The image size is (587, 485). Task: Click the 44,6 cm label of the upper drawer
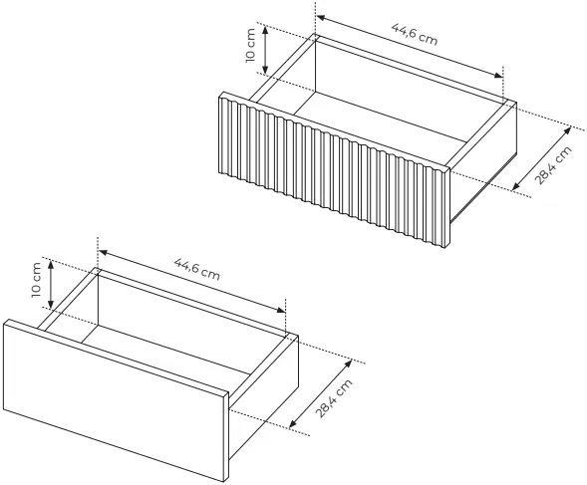[415, 34]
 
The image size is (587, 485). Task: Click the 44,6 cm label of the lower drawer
[197, 269]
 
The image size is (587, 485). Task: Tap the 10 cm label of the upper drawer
[250, 45]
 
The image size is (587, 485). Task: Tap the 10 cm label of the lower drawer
[36, 280]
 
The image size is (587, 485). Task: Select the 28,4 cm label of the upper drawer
[554, 165]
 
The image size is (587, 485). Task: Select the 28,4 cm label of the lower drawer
[334, 398]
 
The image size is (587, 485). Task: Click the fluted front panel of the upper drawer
[334, 170]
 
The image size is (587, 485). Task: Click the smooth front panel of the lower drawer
[116, 400]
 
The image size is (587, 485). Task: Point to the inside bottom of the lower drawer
[165, 350]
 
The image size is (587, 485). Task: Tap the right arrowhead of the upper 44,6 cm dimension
[498, 75]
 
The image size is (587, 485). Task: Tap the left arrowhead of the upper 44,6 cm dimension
[322, 18]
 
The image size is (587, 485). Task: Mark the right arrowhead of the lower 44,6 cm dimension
[280, 309]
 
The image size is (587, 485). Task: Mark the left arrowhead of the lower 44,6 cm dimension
[104, 253]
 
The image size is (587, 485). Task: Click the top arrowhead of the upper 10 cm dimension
[265, 30]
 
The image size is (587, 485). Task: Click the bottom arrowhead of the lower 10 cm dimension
[51, 304]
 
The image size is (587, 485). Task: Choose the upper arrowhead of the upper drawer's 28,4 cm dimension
[567, 131]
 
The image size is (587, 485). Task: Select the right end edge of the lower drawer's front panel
[226, 437]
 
